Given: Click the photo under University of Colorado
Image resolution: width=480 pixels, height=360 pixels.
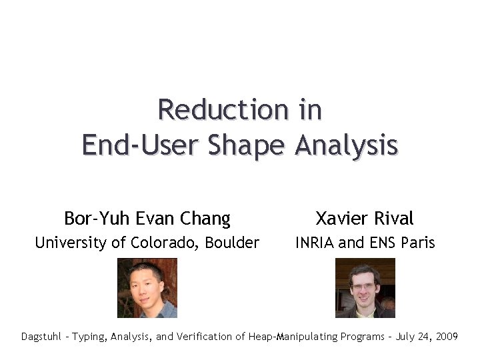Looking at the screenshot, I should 147,287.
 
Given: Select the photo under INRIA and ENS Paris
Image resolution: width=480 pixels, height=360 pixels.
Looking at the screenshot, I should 365,287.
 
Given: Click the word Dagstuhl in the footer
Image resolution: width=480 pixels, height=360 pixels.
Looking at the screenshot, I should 41,337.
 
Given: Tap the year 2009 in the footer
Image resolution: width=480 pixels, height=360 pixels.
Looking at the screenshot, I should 445,337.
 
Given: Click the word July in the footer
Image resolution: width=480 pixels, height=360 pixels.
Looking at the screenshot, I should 405,337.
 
